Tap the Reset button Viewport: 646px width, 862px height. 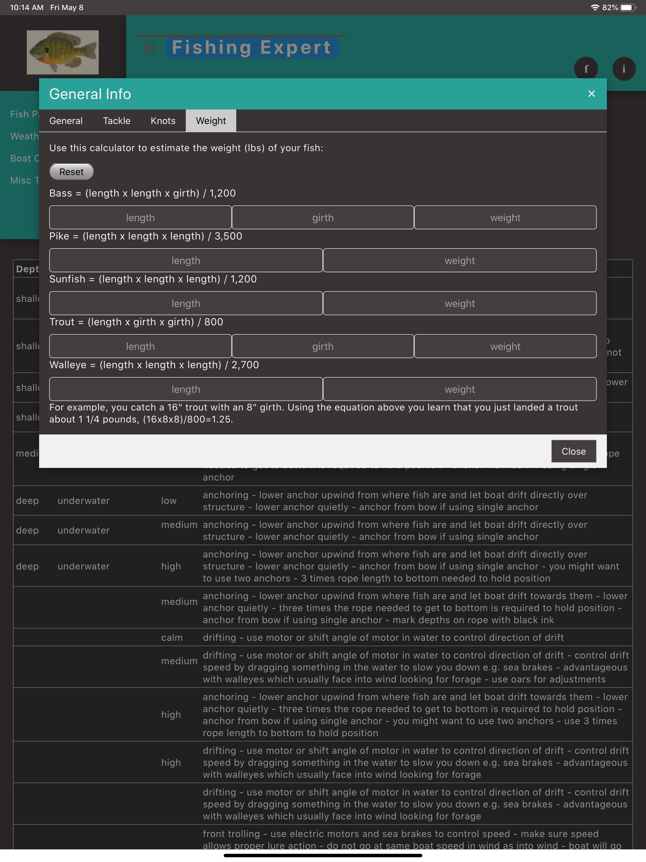click(71, 172)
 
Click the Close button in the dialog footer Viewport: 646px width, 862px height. click(573, 451)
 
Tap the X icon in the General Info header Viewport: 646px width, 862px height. click(591, 94)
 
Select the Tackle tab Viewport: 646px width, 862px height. click(116, 121)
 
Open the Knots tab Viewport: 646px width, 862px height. click(163, 121)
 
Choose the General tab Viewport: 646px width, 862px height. click(66, 121)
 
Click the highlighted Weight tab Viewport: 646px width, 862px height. click(211, 121)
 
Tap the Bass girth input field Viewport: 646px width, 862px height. click(323, 218)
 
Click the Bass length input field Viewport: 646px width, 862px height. click(140, 218)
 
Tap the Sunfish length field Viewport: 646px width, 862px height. click(186, 304)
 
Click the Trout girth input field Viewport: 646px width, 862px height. click(323, 346)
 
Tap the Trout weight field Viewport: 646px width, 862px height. click(505, 346)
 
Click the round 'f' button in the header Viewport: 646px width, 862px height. click(586, 69)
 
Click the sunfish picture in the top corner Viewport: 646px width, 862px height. click(63, 52)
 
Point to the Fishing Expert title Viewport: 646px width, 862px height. click(252, 48)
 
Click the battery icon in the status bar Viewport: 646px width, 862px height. click(628, 7)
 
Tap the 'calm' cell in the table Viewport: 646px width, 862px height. click(172, 638)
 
